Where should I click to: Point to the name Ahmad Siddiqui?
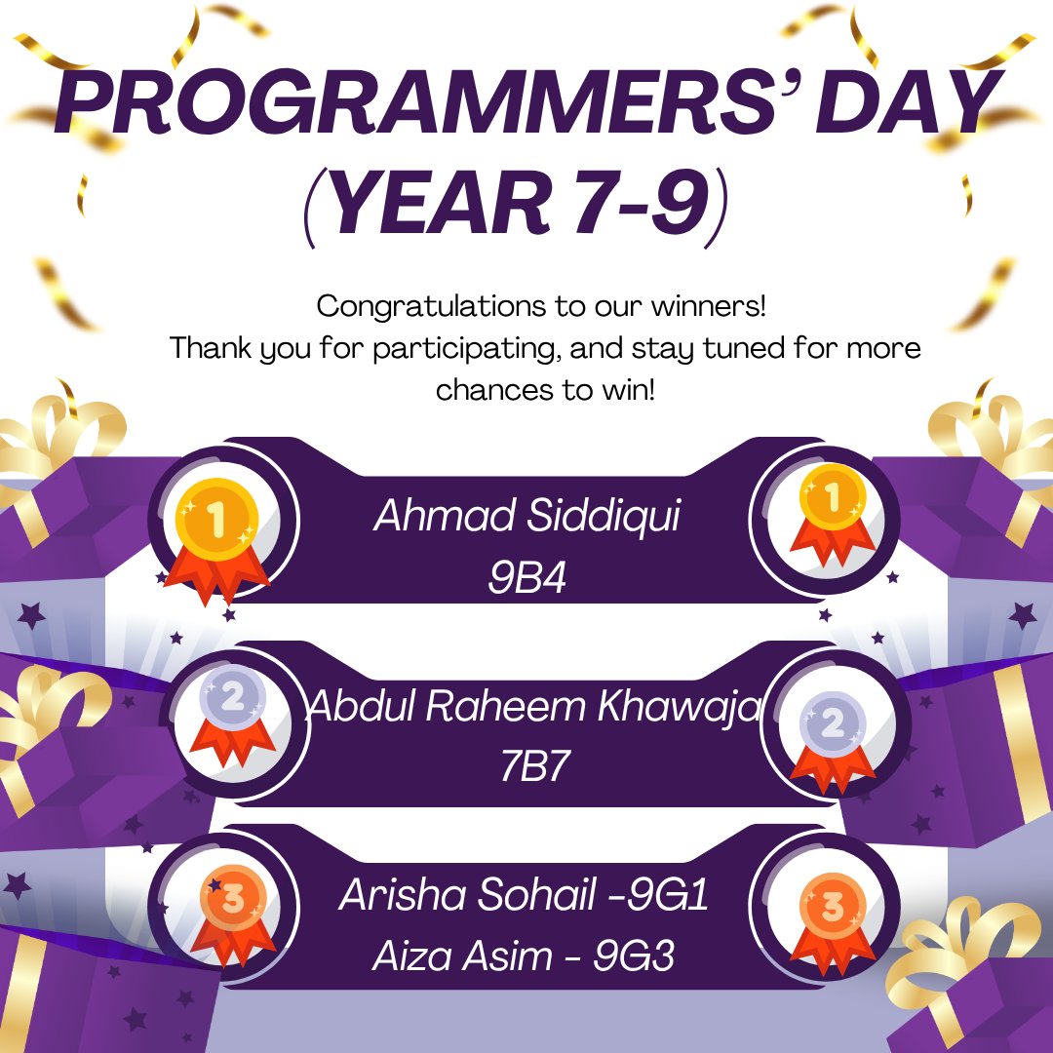tap(526, 517)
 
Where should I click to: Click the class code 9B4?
tap(526, 578)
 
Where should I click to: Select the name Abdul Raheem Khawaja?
tap(533, 706)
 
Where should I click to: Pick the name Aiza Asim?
tap(462, 956)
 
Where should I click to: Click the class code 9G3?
tap(634, 956)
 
